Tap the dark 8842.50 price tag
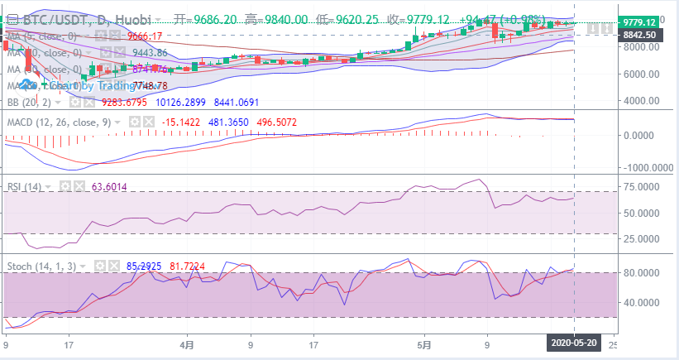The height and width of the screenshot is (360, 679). [x=640, y=35]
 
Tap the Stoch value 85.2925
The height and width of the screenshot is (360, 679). [x=144, y=266]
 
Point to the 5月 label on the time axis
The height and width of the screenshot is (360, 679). [x=424, y=342]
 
